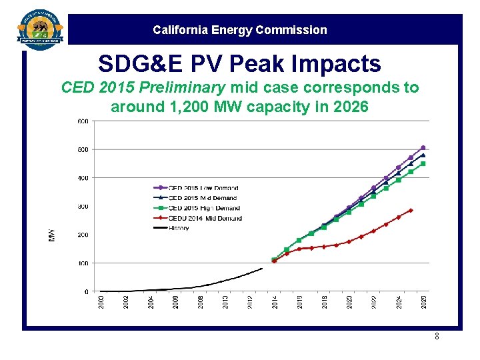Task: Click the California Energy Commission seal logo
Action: click(40, 30)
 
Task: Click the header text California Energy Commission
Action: click(239, 30)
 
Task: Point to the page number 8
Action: click(437, 337)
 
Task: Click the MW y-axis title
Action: click(52, 235)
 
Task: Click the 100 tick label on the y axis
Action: click(82, 263)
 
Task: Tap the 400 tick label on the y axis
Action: click(82, 178)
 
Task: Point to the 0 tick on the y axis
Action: click(86, 292)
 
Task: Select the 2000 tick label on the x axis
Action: click(101, 302)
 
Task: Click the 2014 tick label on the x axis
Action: click(275, 302)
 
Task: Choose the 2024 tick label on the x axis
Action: click(399, 302)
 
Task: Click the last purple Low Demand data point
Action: click(423, 148)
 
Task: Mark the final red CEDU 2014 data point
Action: click(411, 210)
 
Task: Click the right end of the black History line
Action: click(262, 269)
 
